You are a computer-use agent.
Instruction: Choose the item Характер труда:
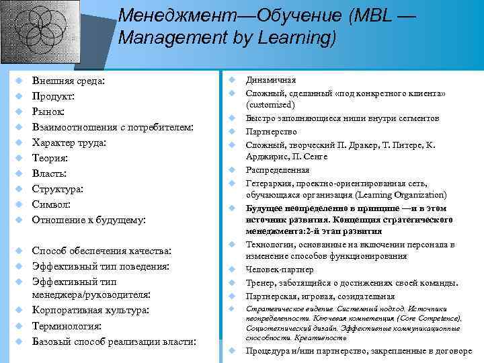[69, 143]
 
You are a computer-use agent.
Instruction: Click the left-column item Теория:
[50, 158]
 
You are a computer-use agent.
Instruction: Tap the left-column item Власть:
[50, 173]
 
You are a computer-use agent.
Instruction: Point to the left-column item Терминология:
[67, 326]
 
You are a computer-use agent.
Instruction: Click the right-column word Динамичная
[271, 80]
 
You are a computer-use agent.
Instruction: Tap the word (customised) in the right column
[270, 106]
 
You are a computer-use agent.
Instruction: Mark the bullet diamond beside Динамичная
[231, 80]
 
